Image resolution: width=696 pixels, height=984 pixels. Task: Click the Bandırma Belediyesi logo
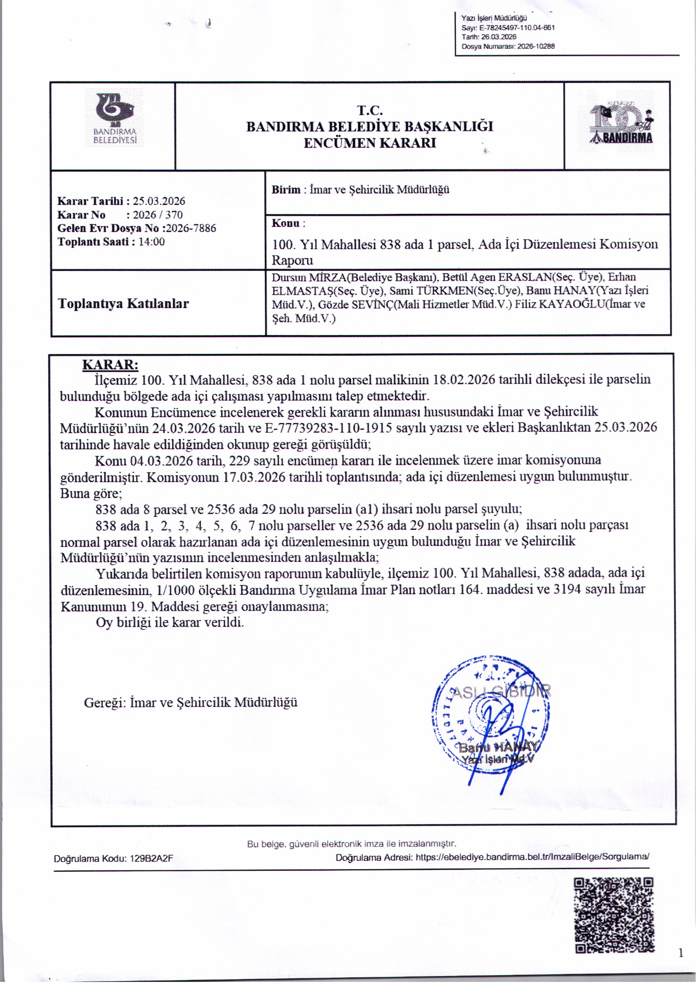click(115, 118)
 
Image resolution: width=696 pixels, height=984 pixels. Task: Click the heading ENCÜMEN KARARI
click(370, 143)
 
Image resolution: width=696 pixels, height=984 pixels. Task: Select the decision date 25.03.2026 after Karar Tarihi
click(159, 201)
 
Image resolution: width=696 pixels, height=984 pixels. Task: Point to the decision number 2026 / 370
click(157, 215)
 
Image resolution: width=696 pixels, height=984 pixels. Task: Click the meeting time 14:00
click(152, 242)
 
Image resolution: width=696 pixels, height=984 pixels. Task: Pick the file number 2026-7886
click(191, 228)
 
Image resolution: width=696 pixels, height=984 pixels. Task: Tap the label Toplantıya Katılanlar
click(123, 304)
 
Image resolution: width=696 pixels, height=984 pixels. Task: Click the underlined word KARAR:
click(110, 365)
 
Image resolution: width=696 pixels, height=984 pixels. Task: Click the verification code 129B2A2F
click(152, 859)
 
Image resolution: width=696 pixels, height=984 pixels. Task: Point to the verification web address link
click(532, 857)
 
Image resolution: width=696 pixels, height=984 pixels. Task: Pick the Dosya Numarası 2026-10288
click(536, 46)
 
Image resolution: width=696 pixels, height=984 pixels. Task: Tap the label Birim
click(285, 190)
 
